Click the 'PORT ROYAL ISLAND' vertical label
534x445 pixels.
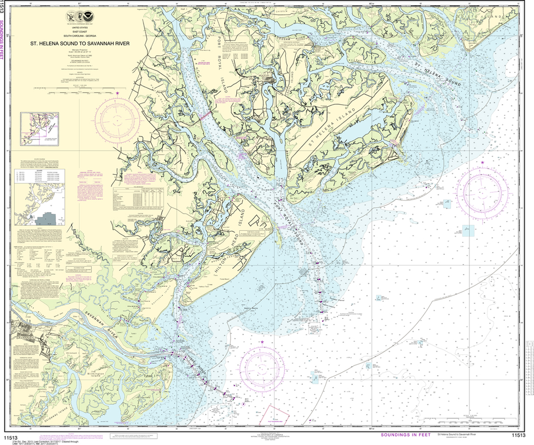point(226,70)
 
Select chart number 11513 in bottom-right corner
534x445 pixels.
point(518,436)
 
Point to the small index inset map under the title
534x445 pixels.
point(39,128)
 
